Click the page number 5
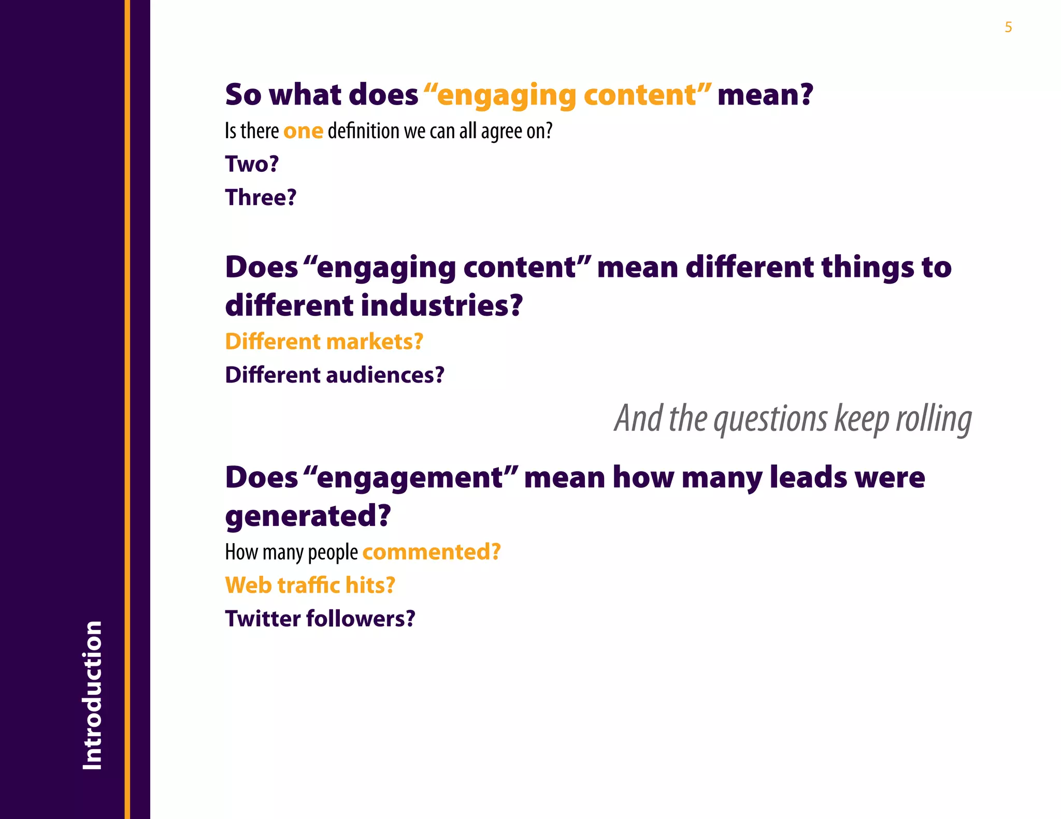1008,27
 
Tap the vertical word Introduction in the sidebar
92,695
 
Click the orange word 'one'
303,131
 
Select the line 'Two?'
252,164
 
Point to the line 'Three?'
261,198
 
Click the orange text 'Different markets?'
324,342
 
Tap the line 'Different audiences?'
335,375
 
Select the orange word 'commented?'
432,552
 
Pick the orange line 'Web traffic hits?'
310,586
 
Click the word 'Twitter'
263,619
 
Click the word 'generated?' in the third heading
308,516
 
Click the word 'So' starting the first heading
243,95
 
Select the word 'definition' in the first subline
363,131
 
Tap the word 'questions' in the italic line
770,419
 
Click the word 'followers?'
361,619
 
